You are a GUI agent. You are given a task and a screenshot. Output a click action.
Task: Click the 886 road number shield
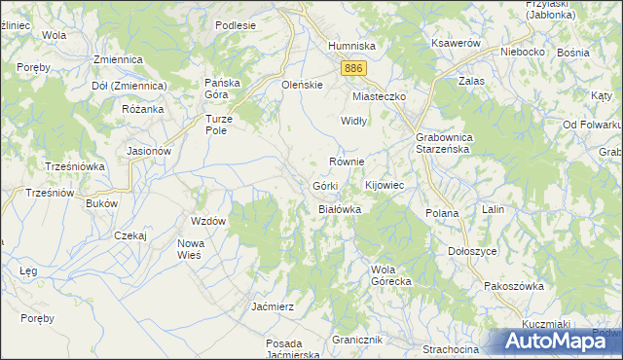tap(354, 67)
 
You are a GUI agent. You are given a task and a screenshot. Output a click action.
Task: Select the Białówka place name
tap(341, 209)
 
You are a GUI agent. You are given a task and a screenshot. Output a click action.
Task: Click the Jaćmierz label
tap(273, 306)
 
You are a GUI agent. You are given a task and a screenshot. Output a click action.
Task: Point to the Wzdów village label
tap(209, 221)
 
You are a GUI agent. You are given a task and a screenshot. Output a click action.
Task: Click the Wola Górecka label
tap(392, 274)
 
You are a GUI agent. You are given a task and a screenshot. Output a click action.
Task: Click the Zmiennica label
tap(119, 59)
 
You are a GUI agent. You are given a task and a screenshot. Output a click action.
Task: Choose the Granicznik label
tap(358, 340)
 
